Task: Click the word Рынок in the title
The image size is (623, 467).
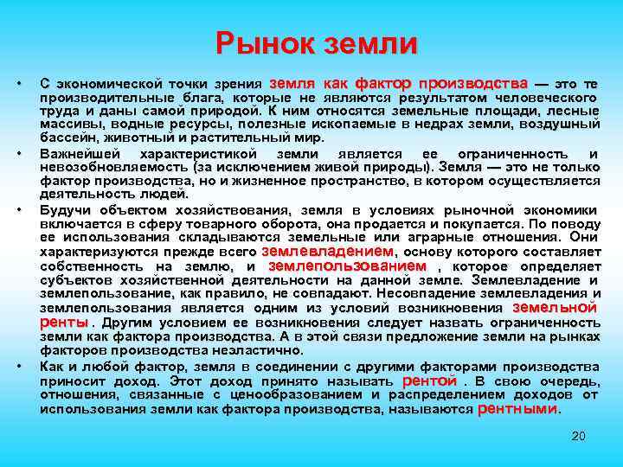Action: [266, 43]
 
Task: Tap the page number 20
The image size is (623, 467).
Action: [579, 436]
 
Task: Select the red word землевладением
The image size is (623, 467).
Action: [327, 251]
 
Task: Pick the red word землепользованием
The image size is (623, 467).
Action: [348, 266]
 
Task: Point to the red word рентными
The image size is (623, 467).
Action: [518, 408]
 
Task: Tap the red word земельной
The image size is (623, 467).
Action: [555, 307]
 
